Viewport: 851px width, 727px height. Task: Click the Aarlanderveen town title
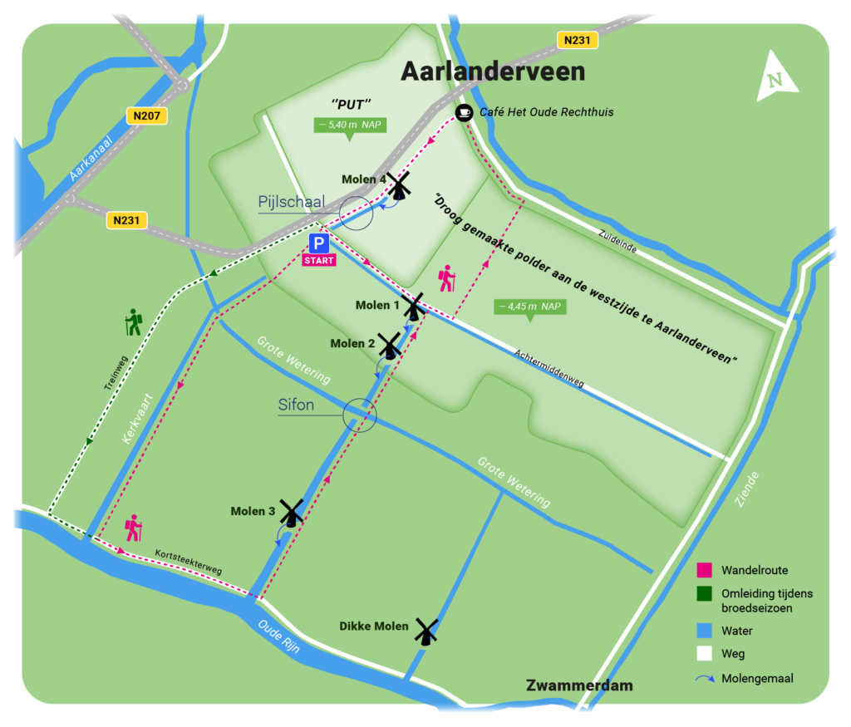click(x=493, y=71)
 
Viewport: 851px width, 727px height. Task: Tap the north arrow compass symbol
click(x=777, y=78)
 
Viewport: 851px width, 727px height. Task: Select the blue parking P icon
click(x=319, y=243)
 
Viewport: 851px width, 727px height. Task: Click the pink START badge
click(x=319, y=260)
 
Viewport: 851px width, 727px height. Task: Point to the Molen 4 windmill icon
click(x=399, y=186)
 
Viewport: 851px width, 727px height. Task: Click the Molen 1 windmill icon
click(x=414, y=306)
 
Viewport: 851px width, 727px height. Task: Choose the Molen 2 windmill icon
click(x=389, y=345)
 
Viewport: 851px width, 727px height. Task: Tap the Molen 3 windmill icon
click(x=291, y=513)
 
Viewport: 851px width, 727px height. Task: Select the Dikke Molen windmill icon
click(x=426, y=631)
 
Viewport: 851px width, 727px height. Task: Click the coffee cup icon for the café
click(x=464, y=112)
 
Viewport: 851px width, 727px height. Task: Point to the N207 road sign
click(x=147, y=116)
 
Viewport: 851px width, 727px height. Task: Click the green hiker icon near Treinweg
click(x=133, y=322)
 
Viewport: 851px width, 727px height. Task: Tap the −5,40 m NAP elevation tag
click(x=350, y=125)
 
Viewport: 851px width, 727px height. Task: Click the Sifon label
click(x=296, y=405)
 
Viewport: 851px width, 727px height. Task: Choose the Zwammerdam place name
click(x=579, y=685)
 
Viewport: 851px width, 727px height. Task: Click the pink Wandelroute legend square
click(x=703, y=571)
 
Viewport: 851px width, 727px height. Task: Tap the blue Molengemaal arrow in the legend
click(x=703, y=679)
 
